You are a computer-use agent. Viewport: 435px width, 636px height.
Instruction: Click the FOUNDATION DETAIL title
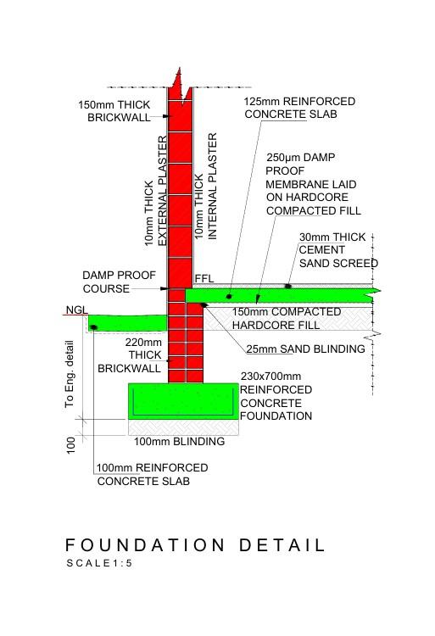point(195,545)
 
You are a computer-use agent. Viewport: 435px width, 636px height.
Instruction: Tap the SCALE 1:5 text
point(100,563)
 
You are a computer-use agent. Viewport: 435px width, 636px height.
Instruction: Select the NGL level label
point(75,310)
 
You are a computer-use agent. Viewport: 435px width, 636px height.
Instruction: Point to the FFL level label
point(204,278)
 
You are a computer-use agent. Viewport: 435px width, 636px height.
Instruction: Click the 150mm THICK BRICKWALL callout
point(114,111)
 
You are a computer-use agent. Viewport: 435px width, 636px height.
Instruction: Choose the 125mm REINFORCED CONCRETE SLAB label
point(299,108)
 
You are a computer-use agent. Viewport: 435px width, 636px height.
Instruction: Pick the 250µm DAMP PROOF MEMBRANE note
point(313,184)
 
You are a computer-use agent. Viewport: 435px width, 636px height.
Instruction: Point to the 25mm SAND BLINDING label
point(305,349)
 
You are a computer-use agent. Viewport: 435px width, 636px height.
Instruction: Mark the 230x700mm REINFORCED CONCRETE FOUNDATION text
point(276,396)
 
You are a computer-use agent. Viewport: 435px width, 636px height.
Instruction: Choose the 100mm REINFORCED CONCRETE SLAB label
point(153,474)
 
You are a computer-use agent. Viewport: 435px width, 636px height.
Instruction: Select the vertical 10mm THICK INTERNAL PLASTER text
point(206,186)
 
